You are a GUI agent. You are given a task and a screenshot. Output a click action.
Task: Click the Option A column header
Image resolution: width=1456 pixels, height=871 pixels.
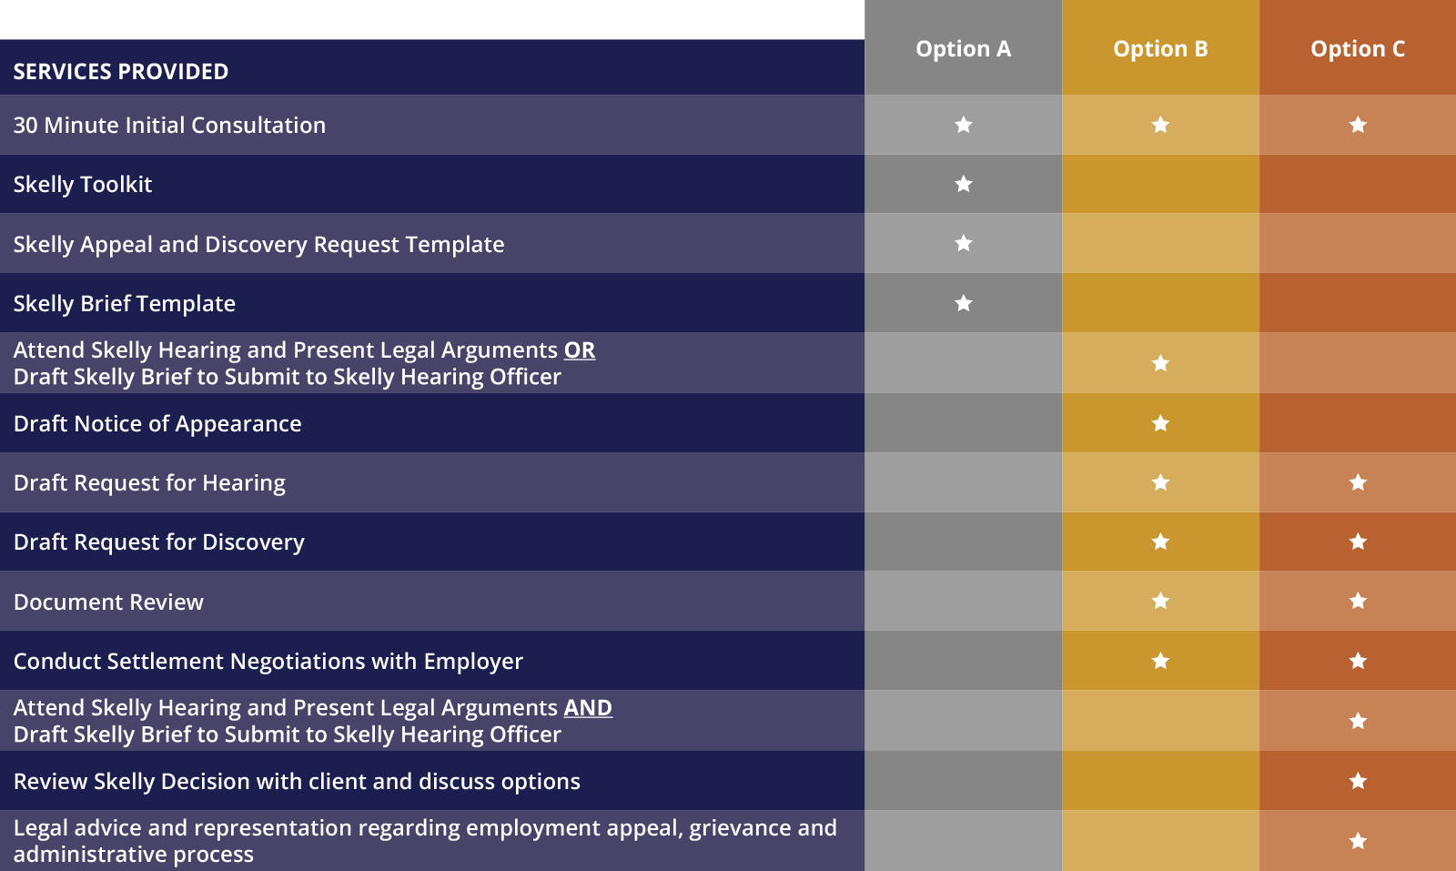click(964, 49)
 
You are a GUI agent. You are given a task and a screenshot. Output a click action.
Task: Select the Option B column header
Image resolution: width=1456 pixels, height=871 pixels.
click(1160, 49)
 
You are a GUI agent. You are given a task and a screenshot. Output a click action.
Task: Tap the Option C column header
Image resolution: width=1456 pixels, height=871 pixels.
click(1358, 49)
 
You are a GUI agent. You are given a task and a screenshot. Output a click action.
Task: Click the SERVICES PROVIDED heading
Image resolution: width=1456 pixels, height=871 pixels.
click(121, 72)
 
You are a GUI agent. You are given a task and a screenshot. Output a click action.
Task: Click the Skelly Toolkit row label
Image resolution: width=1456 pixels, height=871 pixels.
click(83, 185)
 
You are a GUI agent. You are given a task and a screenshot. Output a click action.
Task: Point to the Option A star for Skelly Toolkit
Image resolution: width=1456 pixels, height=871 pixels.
click(964, 184)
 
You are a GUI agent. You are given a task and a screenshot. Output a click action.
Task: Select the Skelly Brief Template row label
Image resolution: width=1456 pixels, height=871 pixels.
click(124, 304)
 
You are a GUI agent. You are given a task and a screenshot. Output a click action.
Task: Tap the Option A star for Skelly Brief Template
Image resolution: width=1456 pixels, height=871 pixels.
click(964, 303)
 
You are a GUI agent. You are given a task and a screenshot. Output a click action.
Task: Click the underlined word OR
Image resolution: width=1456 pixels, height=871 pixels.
click(579, 350)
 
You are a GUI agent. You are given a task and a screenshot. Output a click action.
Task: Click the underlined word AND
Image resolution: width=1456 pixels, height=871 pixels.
click(588, 708)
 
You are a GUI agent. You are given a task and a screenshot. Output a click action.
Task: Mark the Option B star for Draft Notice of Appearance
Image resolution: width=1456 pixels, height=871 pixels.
click(1160, 424)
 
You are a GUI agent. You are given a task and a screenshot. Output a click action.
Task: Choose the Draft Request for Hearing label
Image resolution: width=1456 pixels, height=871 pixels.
click(149, 483)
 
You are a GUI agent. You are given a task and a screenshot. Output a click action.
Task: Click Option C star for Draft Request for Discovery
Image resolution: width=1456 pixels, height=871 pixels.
click(1358, 542)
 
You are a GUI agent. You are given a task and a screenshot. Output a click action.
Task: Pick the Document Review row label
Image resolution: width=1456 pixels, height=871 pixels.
click(108, 602)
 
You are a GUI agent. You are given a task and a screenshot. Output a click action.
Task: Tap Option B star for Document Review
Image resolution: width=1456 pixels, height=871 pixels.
click(1160, 602)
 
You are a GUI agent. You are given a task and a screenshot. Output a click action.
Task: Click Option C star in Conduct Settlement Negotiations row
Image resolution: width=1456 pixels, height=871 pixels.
click(1358, 661)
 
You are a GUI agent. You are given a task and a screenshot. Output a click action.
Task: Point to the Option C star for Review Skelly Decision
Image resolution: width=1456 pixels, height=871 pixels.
click(1358, 781)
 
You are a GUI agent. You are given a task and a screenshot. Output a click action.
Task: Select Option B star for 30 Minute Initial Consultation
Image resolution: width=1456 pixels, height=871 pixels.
click(1160, 125)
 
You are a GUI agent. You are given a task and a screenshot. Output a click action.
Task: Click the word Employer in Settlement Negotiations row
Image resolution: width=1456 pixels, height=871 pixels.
click(473, 662)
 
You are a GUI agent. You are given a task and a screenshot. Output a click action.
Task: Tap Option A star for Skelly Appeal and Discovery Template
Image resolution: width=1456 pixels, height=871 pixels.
click(964, 243)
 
